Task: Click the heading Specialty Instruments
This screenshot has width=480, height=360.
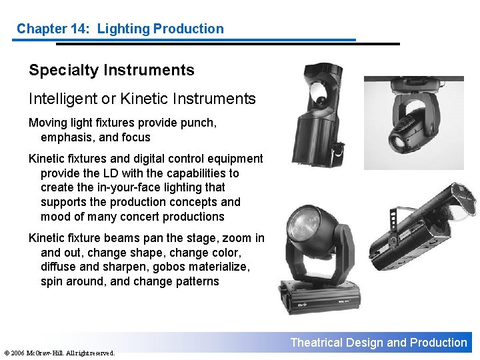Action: coord(111,70)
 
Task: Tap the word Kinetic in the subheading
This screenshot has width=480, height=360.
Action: coord(143,99)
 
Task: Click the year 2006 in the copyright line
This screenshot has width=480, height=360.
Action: coord(20,353)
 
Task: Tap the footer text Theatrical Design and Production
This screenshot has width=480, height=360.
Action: coord(379,343)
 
